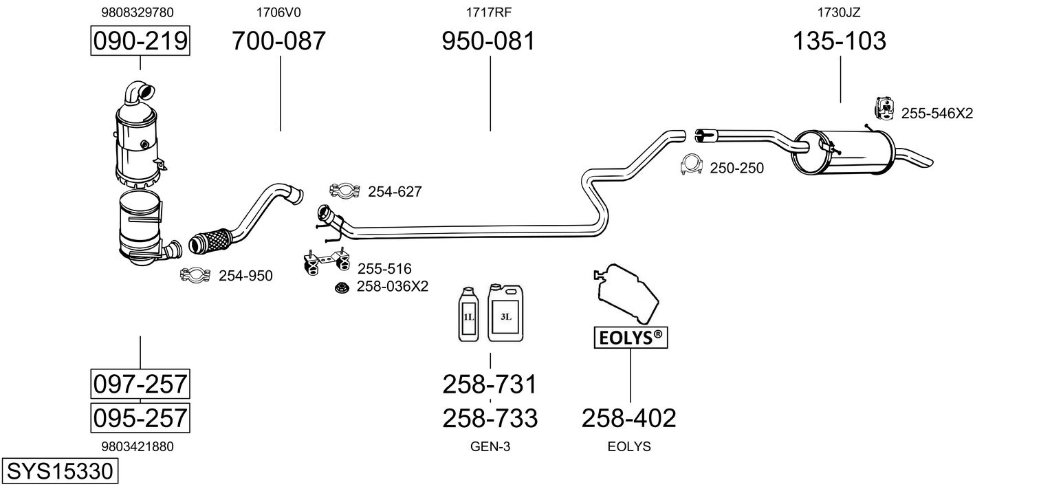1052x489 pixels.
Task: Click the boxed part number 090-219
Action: pos(140,41)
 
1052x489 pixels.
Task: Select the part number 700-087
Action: pos(278,41)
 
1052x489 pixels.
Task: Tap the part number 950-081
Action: pos(488,41)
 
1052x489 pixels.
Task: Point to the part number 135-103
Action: pos(840,41)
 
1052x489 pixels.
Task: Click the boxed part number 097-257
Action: pos(140,384)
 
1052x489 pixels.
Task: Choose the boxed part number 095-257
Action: pos(140,417)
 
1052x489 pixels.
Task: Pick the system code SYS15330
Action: pos(60,471)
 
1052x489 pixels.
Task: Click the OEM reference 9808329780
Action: pos(138,12)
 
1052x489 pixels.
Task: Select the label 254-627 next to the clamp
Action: pos(395,192)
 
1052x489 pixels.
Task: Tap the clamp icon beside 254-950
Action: pos(195,275)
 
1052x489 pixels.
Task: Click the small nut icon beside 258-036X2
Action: pos(342,287)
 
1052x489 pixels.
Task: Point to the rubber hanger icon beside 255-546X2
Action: pos(884,109)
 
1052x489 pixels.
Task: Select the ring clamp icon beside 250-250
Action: pos(691,165)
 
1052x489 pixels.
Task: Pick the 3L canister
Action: pos(505,312)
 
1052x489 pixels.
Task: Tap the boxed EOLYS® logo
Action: pos(631,337)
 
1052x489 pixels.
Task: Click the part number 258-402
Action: pos(629,418)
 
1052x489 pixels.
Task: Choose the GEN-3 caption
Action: pos(490,446)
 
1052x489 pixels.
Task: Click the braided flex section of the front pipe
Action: pos(210,241)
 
